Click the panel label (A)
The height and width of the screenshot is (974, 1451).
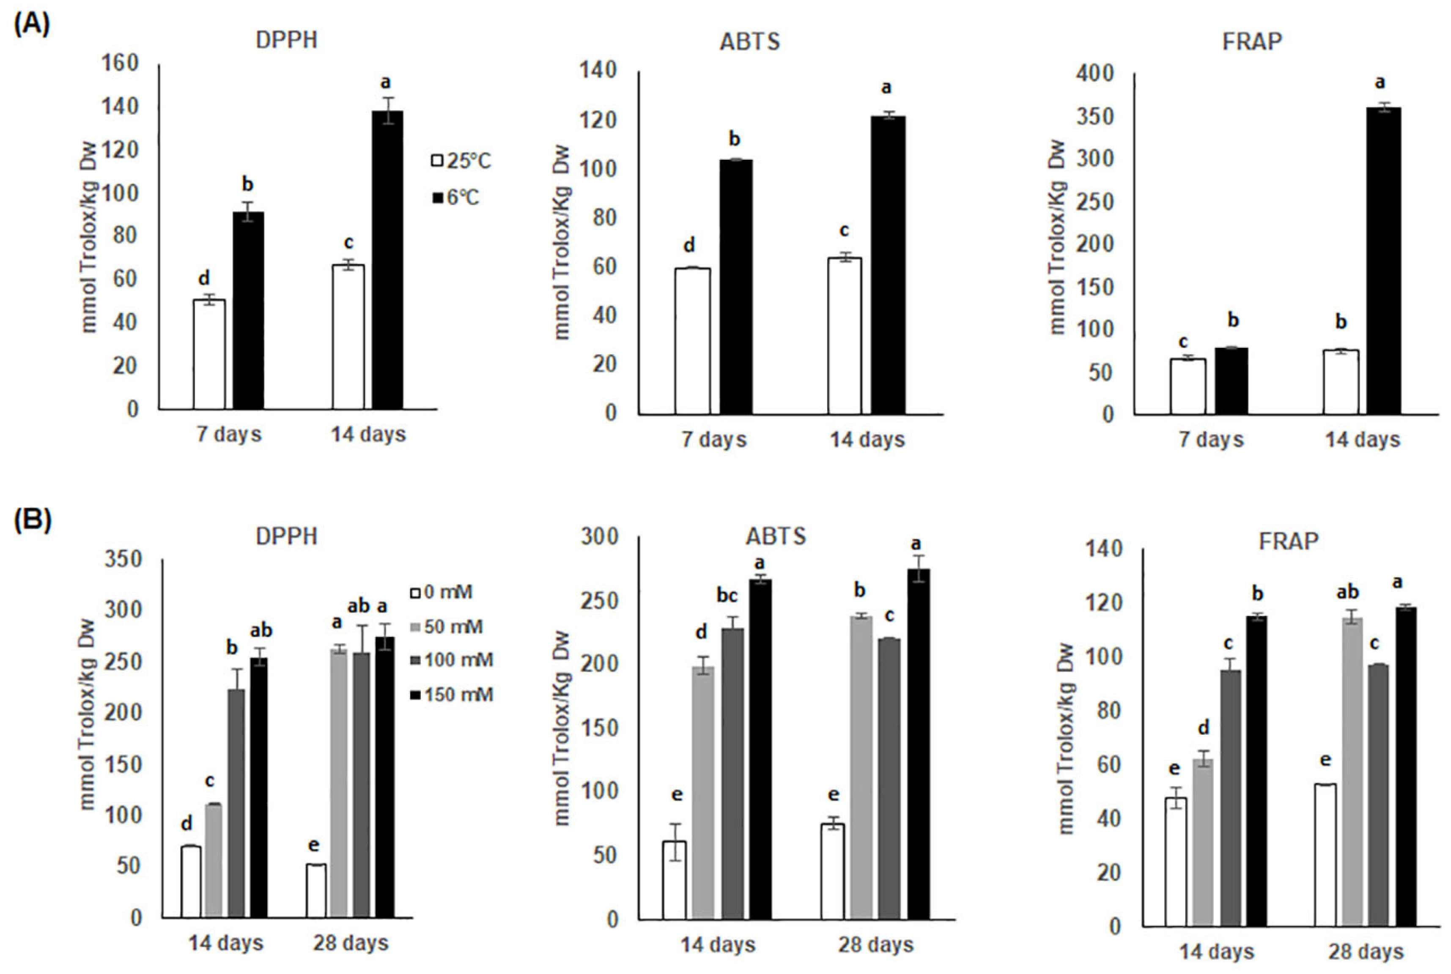(32, 26)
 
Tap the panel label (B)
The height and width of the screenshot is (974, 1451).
(32, 520)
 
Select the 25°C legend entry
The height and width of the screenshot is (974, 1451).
(461, 161)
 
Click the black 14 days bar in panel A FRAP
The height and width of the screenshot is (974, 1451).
(1384, 261)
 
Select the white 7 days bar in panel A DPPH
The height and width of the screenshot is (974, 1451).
(209, 354)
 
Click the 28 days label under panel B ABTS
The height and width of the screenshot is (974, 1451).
(875, 945)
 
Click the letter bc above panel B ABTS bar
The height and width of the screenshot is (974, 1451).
(727, 596)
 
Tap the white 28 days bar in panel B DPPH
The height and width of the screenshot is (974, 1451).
(316, 890)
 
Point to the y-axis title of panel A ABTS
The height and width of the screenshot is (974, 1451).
(562, 242)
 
